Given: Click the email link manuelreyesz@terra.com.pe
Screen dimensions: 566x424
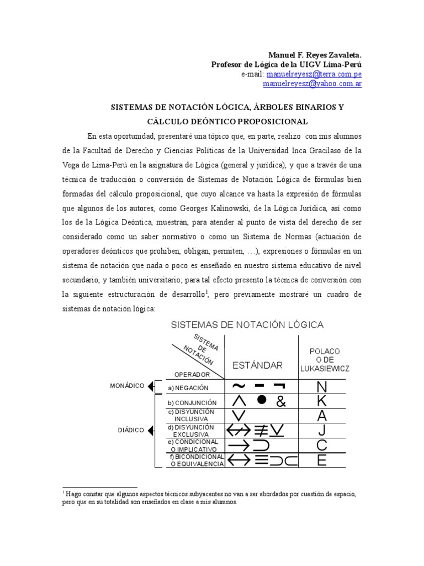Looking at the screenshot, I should pyautogui.click(x=314, y=74).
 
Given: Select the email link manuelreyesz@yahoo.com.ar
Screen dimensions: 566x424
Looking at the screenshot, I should pyautogui.click(x=312, y=84).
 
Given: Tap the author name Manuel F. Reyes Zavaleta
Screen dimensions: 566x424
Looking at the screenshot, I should pyautogui.click(x=315, y=55).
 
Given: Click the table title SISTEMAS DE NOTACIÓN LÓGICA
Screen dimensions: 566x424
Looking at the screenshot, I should pyautogui.click(x=247, y=324).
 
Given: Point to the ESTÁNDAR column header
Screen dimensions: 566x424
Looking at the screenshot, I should pyautogui.click(x=257, y=365).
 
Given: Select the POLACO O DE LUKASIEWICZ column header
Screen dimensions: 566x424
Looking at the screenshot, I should pyautogui.click(x=325, y=359).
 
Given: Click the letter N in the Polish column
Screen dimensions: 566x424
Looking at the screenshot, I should pyautogui.click(x=322, y=387).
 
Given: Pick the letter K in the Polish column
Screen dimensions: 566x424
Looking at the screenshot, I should pyautogui.click(x=322, y=402).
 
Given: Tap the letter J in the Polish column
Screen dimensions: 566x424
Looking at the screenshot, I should pyautogui.click(x=322, y=431).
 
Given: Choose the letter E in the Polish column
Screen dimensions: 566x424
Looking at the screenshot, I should pyautogui.click(x=322, y=460).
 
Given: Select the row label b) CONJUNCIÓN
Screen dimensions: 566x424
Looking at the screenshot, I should pyautogui.click(x=192, y=403).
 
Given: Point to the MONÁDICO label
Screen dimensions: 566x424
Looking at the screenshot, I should pyautogui.click(x=127, y=385).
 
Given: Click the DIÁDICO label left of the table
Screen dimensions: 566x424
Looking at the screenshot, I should pyautogui.click(x=130, y=429).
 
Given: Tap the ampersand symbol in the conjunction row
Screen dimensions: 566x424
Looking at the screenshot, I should pyautogui.click(x=281, y=402).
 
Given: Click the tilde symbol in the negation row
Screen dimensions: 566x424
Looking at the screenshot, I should pyautogui.click(x=240, y=386).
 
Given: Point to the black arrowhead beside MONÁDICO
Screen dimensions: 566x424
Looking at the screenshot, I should pyautogui.click(x=151, y=386).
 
